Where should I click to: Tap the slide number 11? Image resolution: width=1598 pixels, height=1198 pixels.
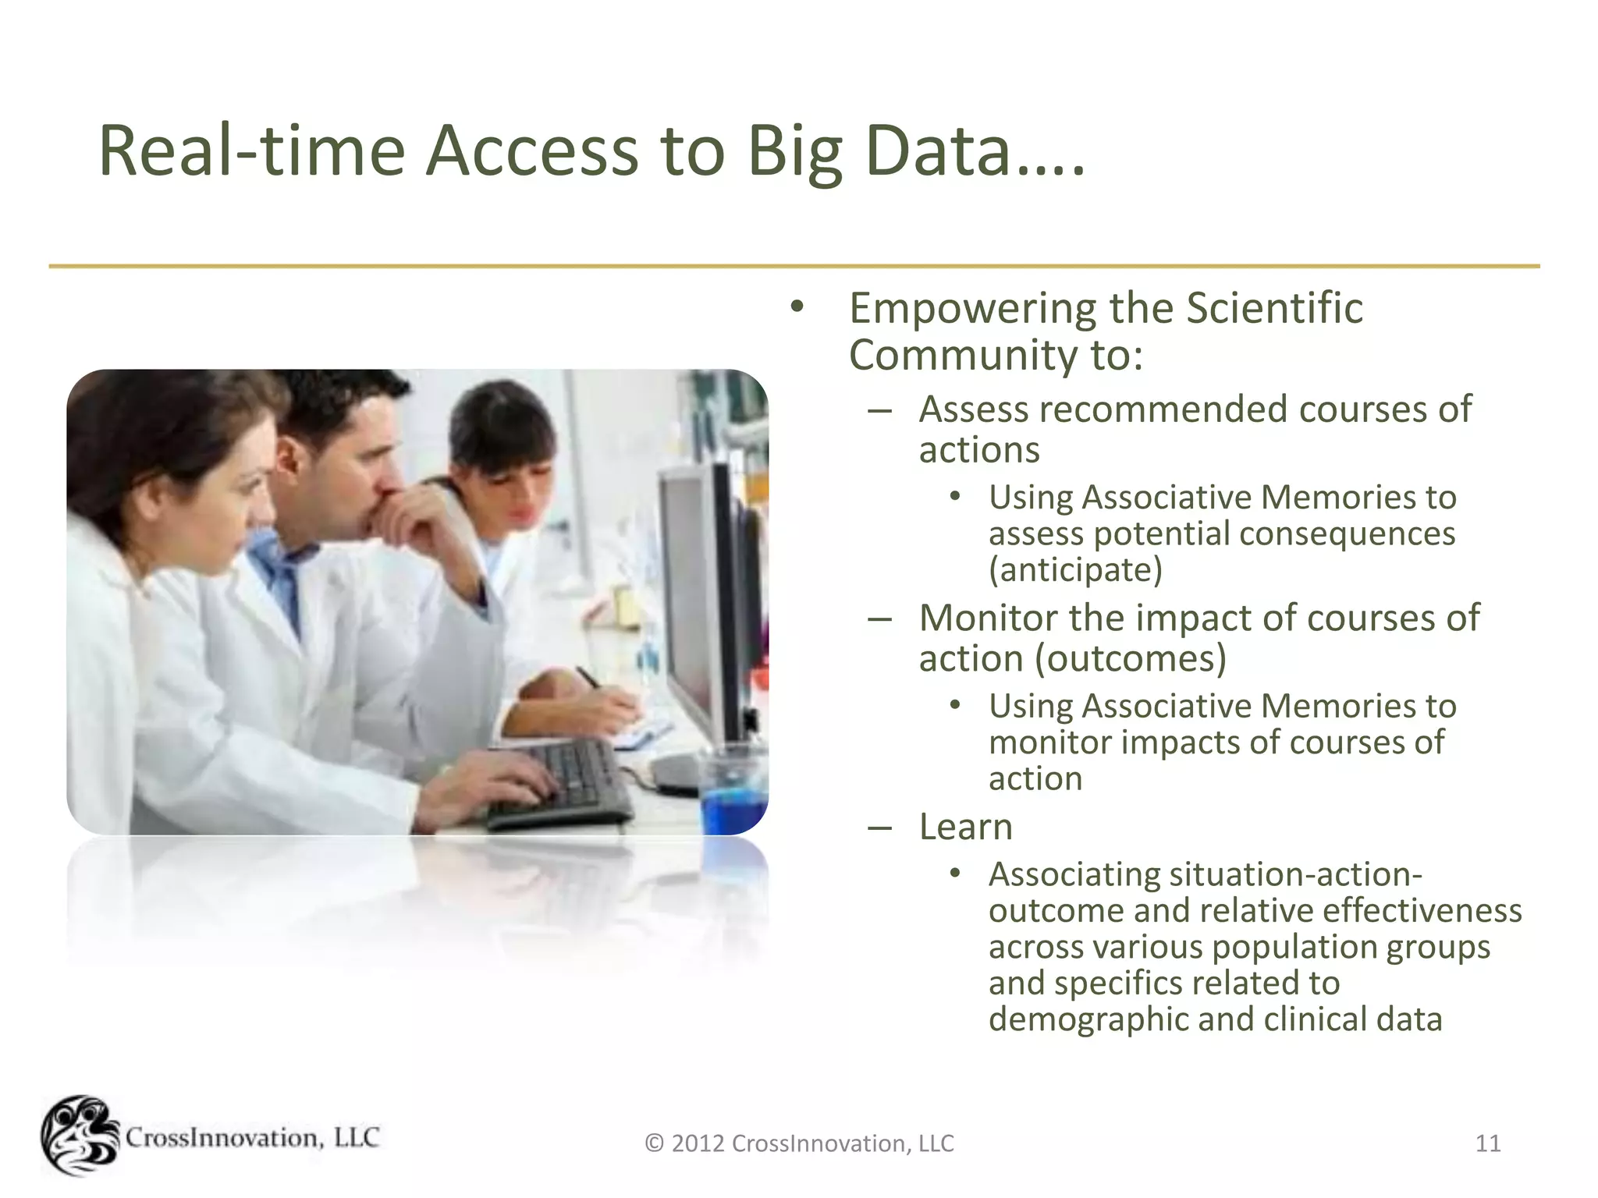[x=1488, y=1143]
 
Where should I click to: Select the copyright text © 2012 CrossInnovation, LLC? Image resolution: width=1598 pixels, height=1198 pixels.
[x=799, y=1143]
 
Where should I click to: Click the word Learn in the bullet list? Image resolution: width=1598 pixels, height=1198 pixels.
[x=965, y=827]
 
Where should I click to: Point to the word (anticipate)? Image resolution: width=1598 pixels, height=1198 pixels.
[x=1075, y=570]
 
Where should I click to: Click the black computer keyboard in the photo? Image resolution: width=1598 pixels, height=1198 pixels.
[x=562, y=784]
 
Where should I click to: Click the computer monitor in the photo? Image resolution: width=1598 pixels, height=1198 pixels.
[x=698, y=608]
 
